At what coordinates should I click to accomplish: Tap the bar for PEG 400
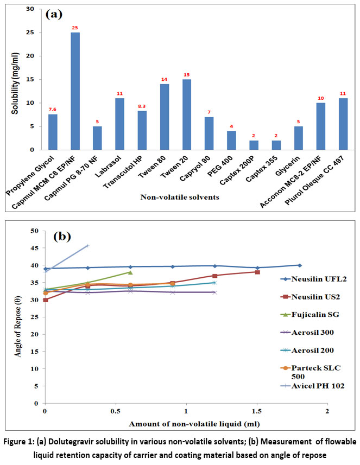coord(231,140)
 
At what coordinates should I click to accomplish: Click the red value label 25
coord(74,27)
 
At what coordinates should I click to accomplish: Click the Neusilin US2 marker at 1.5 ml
coord(257,272)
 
